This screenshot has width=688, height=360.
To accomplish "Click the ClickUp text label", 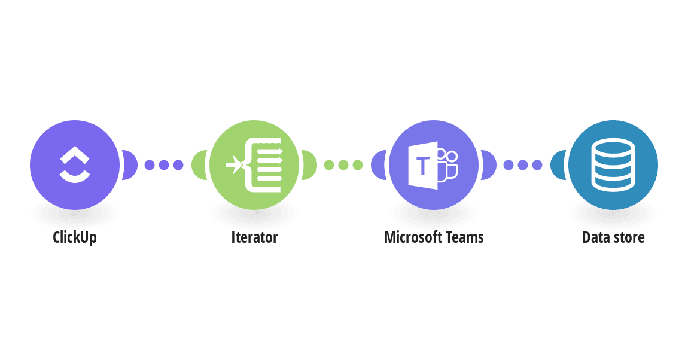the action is pyautogui.click(x=75, y=237).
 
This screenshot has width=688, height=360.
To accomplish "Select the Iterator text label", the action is pyautogui.click(x=254, y=237).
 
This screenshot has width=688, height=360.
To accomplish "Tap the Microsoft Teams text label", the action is pyautogui.click(x=434, y=237).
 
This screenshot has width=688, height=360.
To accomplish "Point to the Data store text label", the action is pyautogui.click(x=613, y=237).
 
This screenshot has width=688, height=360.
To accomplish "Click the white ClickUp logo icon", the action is pyautogui.click(x=75, y=164).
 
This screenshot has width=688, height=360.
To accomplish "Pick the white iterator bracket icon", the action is pyautogui.click(x=254, y=165).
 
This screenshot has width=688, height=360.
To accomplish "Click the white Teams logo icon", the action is pyautogui.click(x=433, y=165).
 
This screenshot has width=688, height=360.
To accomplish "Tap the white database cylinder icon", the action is pyautogui.click(x=613, y=165).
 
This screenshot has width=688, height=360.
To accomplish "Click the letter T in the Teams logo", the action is pyautogui.click(x=423, y=166).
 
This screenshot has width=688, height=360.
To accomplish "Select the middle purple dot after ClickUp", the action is pyautogui.click(x=164, y=165).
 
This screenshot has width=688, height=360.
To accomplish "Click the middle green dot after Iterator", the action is pyautogui.click(x=343, y=165).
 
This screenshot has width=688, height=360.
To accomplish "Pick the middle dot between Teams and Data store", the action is pyautogui.click(x=523, y=165).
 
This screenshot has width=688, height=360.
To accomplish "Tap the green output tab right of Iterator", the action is pyautogui.click(x=309, y=165).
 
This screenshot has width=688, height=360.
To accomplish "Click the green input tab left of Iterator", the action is pyautogui.click(x=199, y=165).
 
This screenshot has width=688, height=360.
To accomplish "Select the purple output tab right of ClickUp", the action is pyautogui.click(x=130, y=165).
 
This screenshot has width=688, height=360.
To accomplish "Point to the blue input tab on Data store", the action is pyautogui.click(x=558, y=165).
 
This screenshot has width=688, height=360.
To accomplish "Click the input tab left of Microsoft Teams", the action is pyautogui.click(x=379, y=165).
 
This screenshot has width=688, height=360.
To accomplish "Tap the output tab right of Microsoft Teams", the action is pyautogui.click(x=489, y=165).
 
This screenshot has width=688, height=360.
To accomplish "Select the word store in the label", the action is pyautogui.click(x=628, y=238).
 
